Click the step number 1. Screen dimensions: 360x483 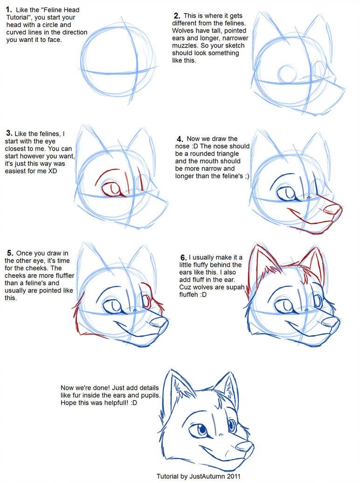point(9,10)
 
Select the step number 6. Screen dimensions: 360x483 point(183,257)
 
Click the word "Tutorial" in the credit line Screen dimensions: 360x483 point(167,476)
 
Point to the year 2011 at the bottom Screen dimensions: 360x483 point(234,476)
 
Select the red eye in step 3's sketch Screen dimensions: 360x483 point(111,189)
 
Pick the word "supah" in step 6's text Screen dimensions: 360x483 point(235,287)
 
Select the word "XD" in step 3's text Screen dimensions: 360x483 point(52,171)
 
